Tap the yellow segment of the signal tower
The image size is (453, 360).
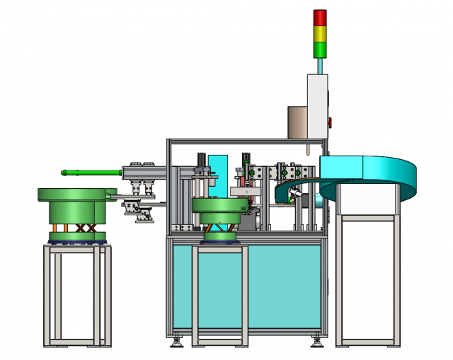(x=321, y=33)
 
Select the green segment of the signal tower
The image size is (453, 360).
(x=321, y=50)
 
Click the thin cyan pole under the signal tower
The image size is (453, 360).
(x=321, y=65)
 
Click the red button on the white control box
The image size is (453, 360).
(x=330, y=120)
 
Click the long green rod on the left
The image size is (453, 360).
(x=92, y=171)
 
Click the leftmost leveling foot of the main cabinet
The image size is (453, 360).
(x=176, y=343)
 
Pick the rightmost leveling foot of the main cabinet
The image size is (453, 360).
(x=316, y=343)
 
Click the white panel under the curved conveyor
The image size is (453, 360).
(x=367, y=204)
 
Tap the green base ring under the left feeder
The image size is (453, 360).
(x=76, y=236)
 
